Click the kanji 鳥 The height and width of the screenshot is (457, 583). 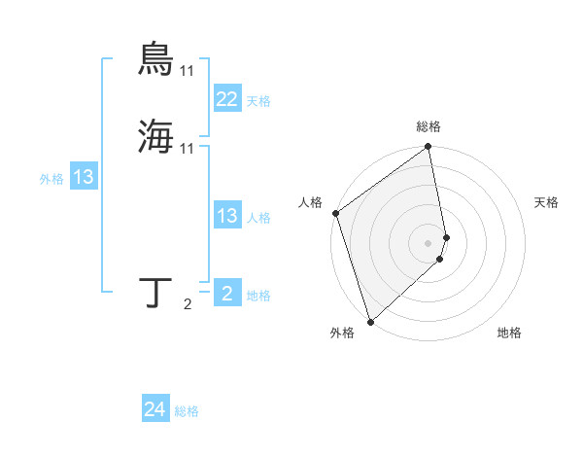tap(155, 59)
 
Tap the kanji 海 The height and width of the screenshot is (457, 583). tap(155, 136)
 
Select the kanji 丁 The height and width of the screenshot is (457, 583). tap(157, 293)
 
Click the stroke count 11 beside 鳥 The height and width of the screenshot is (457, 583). tap(188, 71)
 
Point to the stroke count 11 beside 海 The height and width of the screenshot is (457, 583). tap(188, 148)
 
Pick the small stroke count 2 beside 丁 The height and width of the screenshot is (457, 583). tap(188, 305)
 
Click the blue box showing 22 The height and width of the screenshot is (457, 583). tap(226, 99)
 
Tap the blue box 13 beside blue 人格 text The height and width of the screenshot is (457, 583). tap(226, 216)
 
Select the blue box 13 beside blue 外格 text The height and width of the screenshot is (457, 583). tap(84, 177)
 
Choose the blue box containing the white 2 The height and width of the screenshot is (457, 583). tap(226, 294)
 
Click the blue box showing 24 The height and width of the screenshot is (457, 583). tap(154, 410)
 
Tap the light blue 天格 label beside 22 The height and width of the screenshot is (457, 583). tap(258, 101)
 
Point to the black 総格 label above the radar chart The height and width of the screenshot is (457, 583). tap(429, 126)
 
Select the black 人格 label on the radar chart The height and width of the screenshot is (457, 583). tap(311, 202)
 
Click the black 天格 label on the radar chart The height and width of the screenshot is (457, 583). tap(547, 202)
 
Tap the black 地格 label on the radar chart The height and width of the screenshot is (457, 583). tap(509, 334)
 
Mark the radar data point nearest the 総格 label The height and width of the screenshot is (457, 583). tap(429, 148)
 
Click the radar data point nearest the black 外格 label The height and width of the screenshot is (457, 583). tap(370, 321)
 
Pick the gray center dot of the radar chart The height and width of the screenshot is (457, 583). tap(429, 241)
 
